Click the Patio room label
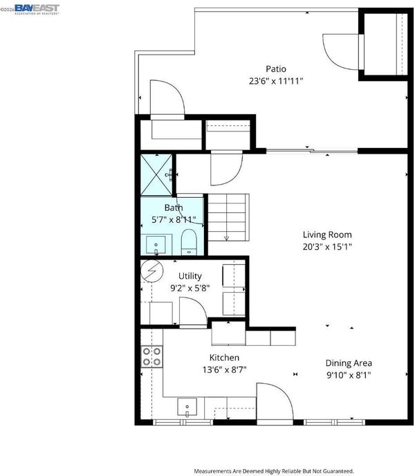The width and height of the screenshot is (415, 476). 276,69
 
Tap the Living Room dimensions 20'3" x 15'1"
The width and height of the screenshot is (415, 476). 327,247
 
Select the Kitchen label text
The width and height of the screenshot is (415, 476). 224,358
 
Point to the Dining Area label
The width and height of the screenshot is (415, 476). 349,363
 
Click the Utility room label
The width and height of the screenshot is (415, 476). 190,276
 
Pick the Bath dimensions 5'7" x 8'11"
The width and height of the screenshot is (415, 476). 174,219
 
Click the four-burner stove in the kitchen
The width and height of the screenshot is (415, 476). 151,357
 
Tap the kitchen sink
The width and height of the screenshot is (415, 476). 187,407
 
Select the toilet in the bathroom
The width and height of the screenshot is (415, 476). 189,242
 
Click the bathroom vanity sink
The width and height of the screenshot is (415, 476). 156,245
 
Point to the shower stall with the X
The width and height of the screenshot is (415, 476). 156,174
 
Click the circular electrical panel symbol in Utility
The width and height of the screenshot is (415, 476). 152,271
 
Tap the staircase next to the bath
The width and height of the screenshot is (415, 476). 228,217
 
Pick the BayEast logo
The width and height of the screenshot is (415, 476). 37,9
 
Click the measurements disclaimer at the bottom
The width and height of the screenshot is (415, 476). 274,471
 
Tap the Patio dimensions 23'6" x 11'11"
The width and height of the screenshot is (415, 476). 276,82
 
